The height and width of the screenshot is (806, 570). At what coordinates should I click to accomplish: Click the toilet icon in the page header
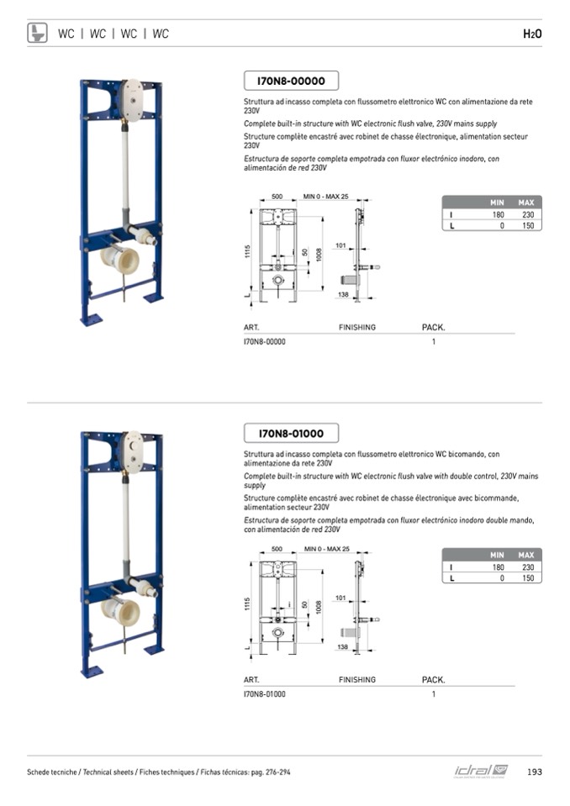click(37, 33)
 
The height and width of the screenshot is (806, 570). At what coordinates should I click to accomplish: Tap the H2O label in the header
click(531, 34)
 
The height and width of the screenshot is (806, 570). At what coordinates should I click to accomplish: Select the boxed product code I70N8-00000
click(291, 81)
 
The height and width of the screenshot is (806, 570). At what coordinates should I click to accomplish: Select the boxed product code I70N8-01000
click(291, 434)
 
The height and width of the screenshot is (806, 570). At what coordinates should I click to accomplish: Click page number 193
click(534, 772)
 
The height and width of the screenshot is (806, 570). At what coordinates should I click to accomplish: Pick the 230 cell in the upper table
click(527, 215)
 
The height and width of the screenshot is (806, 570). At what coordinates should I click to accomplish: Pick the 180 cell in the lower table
click(498, 567)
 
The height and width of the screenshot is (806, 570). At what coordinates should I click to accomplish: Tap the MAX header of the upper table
click(526, 203)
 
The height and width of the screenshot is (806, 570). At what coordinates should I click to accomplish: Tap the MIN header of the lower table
click(497, 555)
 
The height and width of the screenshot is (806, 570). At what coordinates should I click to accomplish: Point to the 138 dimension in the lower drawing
click(342, 646)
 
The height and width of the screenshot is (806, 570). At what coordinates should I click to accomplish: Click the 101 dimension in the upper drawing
click(340, 245)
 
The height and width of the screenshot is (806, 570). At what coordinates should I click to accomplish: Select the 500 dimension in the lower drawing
click(277, 549)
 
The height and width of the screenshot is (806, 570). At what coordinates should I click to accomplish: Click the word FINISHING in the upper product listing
click(357, 327)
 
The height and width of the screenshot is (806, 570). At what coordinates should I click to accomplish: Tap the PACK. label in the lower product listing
click(433, 679)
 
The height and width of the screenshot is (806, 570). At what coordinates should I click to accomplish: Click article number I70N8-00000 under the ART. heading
click(265, 342)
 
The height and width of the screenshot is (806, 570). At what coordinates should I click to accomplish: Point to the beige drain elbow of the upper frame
click(120, 257)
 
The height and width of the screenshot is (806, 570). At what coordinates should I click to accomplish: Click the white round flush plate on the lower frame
click(132, 449)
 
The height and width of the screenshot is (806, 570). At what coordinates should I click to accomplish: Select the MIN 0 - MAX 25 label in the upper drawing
click(326, 196)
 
